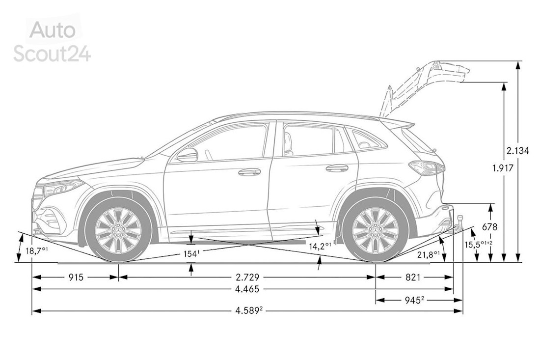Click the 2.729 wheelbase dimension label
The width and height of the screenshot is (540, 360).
pyautogui.click(x=247, y=277)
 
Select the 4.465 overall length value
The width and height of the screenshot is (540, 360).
pyautogui.click(x=247, y=289)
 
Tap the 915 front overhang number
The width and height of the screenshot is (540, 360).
pyautogui.click(x=76, y=277)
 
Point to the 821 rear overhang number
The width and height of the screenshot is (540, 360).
pyautogui.click(x=413, y=277)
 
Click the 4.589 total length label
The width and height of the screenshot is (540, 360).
pyautogui.click(x=249, y=311)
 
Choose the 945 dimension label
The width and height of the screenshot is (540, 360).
pyautogui.click(x=414, y=300)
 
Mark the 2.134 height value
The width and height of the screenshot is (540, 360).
pyautogui.click(x=517, y=151)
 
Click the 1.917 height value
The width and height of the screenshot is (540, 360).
pyautogui.click(x=503, y=168)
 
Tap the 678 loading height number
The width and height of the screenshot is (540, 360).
pyautogui.click(x=490, y=227)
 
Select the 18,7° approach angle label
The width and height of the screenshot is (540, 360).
pyautogui.click(x=36, y=250)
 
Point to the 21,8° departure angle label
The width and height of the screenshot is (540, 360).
pyautogui.click(x=429, y=254)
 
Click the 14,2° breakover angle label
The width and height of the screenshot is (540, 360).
pyautogui.click(x=320, y=247)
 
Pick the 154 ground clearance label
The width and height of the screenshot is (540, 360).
pyautogui.click(x=191, y=254)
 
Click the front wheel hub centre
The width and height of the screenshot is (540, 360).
pyautogui.click(x=118, y=230)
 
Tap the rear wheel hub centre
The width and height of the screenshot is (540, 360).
pyautogui.click(x=375, y=230)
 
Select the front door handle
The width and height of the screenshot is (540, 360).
pyautogui.click(x=249, y=171)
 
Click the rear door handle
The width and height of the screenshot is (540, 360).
pyautogui.click(x=337, y=168)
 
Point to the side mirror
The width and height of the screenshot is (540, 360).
pyautogui.click(x=187, y=155)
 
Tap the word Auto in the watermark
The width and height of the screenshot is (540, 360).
pyautogui.click(x=53, y=30)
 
